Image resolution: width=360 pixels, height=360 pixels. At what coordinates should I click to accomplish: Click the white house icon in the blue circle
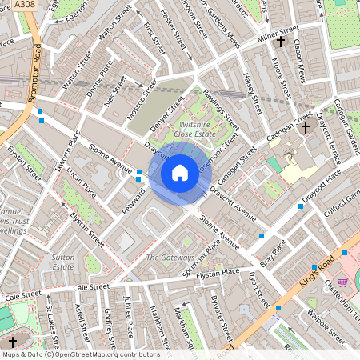pyautogui.click(x=180, y=172)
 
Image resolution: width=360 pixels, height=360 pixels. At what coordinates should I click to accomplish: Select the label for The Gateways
pyautogui.click(x=170, y=258)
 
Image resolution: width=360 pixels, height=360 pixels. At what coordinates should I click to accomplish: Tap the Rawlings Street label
pyautogui.click(x=221, y=110)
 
